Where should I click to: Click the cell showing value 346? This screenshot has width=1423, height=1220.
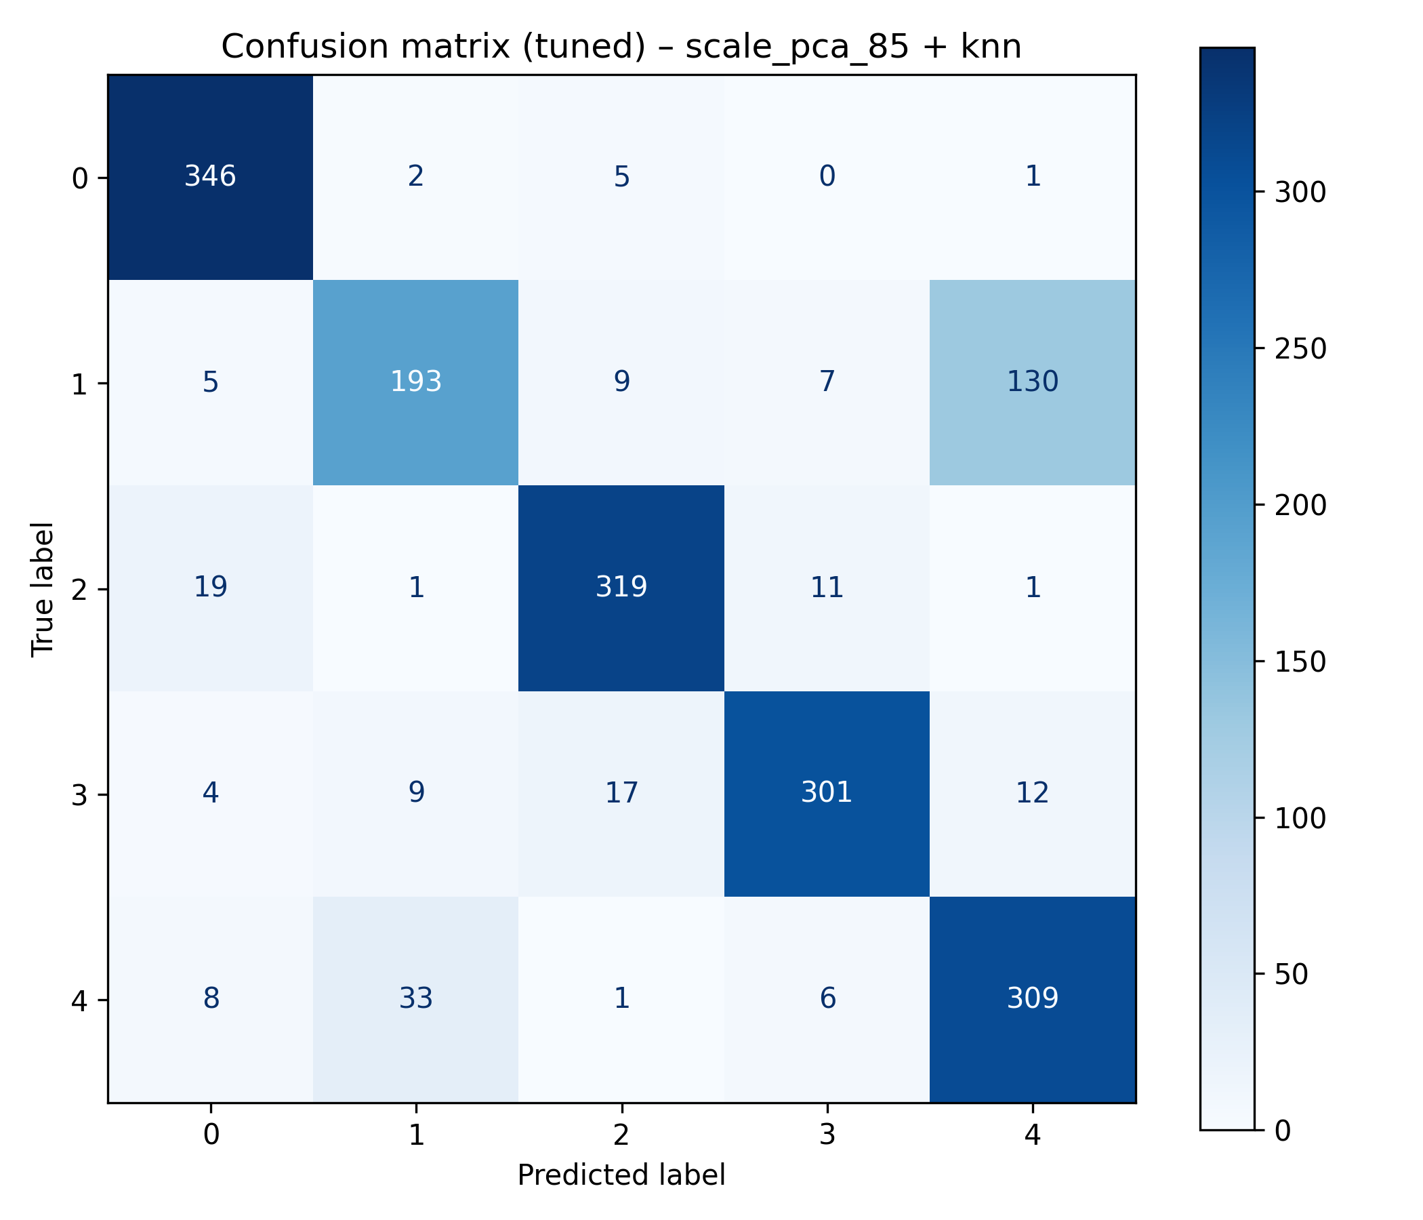coord(210,177)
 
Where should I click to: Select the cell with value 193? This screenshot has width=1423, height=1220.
coord(415,382)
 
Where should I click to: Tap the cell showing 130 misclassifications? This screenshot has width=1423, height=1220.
coord(1032,382)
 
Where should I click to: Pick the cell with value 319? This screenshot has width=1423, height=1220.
coord(621,588)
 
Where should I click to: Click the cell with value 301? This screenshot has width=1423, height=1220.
coord(827,794)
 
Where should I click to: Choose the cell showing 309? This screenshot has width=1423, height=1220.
coord(1032,999)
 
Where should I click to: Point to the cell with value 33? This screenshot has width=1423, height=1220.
coord(415,999)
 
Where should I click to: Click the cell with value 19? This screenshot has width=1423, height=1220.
coord(210,588)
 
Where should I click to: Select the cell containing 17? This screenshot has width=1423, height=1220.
coord(621,794)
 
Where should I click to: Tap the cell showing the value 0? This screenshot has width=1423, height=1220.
coord(827,177)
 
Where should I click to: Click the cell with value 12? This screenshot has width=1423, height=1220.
coord(1032,794)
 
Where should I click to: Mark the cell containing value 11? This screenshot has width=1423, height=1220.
coord(827,588)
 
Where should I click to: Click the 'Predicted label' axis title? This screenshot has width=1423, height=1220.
coord(621,1175)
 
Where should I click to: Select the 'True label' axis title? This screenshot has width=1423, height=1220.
coord(43,590)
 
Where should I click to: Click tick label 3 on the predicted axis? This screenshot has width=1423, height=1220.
coord(827,1135)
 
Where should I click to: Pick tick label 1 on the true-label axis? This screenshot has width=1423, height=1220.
coord(80,384)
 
